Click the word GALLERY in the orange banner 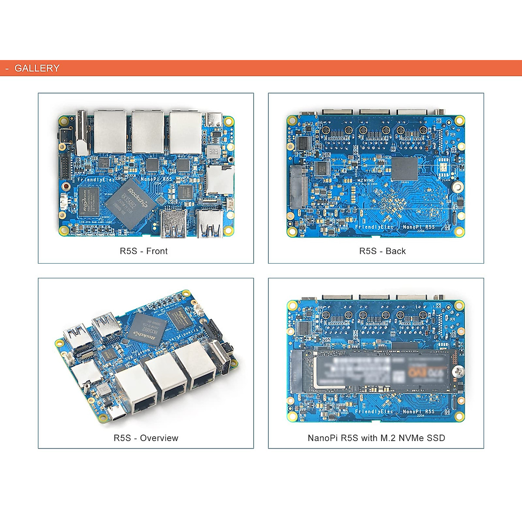pos(37,68)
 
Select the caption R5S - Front pos(144,251)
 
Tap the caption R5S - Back pos(382,251)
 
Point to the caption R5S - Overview pos(146,438)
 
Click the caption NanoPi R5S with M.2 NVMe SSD pos(376,438)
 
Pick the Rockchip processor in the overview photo pos(147,330)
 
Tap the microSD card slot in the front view pos(214,179)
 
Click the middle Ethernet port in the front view pos(148,131)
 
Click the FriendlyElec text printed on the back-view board pos(374,227)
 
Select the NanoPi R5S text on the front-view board pos(156,179)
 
